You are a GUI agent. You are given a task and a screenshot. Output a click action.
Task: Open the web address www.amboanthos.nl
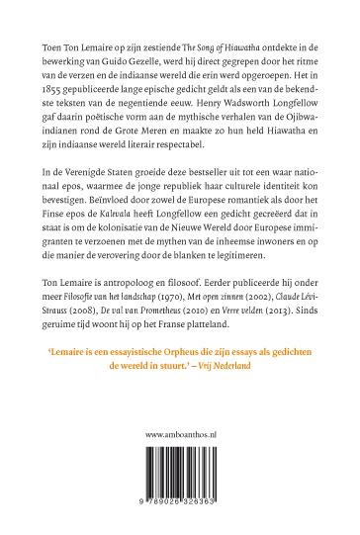click(180, 462)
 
